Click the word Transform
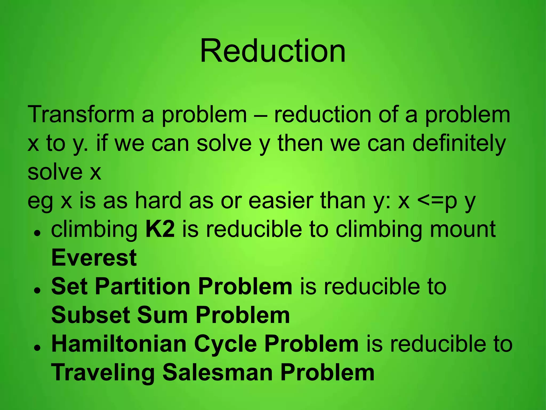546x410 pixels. point(81,115)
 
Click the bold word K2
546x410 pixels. point(160,229)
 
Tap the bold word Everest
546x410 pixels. point(94,258)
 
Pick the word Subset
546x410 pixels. point(90,315)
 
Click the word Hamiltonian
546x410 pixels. point(119,344)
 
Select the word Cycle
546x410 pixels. point(226,344)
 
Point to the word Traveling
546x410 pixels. point(103,373)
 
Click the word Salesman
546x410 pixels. point(218,372)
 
